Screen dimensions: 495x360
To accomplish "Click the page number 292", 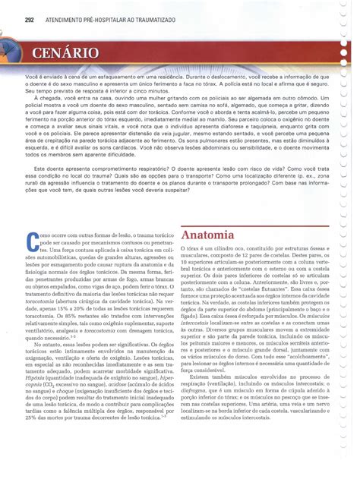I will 30,19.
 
